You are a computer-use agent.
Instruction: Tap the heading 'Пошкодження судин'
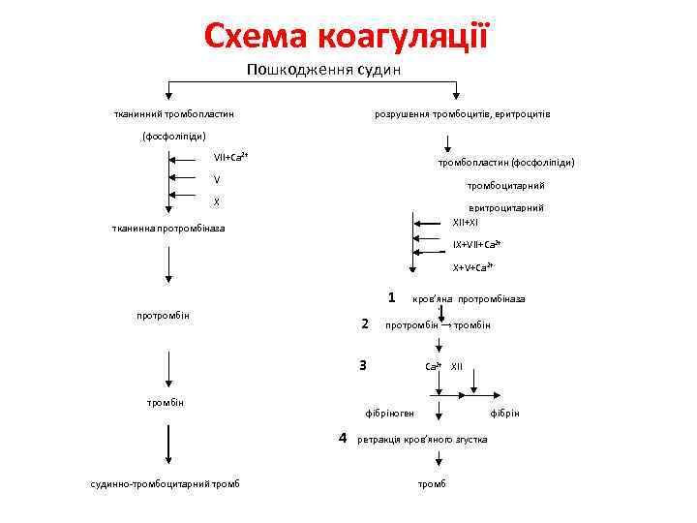click(323, 70)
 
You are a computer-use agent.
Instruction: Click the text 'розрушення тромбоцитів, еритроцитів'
click(463, 114)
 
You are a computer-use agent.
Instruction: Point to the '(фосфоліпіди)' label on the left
click(174, 136)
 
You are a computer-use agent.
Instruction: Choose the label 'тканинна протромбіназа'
click(168, 229)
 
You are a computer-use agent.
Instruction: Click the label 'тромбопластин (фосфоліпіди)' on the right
click(506, 162)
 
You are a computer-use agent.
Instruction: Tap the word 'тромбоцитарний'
click(505, 185)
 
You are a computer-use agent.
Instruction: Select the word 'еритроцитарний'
click(505, 207)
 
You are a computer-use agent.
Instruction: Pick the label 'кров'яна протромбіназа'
click(469, 298)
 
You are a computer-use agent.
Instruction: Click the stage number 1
click(390, 296)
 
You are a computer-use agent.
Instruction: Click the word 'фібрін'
click(504, 414)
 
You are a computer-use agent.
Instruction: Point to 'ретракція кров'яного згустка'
click(422, 440)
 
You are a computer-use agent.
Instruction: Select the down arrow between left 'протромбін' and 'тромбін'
click(168, 367)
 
